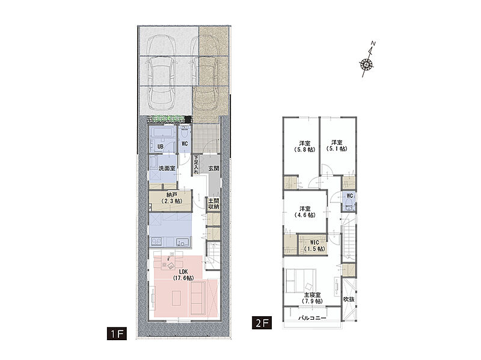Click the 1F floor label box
pos(117,334)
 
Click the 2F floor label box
pos(262,323)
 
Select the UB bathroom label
pos(160,147)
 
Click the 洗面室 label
pos(167,168)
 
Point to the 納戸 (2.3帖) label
pos(171,198)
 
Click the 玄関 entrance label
pos(214,168)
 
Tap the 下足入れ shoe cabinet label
pos(196,164)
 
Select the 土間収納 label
pos(214,204)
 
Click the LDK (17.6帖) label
pos(183,275)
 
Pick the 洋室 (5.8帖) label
pos(305,146)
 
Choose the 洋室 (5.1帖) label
pos(337,145)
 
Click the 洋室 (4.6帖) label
pos(305,212)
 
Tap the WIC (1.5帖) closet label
pos(314,246)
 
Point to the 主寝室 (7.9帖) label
pos(313,297)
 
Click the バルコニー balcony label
pos(312,319)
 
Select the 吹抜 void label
pos(349,299)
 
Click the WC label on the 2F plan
pos(349,196)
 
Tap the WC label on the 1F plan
pos(185,144)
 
